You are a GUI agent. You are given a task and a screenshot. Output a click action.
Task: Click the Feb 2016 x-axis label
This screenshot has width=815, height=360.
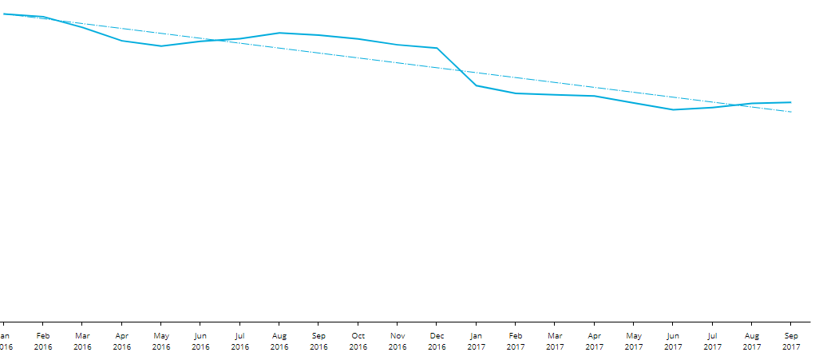(x=43, y=342)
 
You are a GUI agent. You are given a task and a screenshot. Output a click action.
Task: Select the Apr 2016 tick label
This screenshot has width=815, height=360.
(x=122, y=342)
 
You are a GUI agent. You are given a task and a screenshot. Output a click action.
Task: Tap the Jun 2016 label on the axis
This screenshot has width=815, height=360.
(x=200, y=342)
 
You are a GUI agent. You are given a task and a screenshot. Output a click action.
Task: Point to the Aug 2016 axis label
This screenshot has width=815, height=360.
(x=279, y=342)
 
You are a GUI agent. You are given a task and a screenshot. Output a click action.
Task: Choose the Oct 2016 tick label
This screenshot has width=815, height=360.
(x=358, y=342)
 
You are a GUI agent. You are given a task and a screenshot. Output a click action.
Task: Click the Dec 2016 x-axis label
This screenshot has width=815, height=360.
(x=437, y=342)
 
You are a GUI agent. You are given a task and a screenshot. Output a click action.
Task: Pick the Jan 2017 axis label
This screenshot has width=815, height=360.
(x=477, y=342)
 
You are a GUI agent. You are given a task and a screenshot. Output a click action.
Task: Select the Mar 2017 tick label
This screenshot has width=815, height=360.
(x=555, y=342)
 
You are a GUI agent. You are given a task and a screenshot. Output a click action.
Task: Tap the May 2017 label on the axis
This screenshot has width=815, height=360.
(x=634, y=342)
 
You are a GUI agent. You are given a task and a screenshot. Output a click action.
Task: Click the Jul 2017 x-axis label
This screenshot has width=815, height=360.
(x=712, y=342)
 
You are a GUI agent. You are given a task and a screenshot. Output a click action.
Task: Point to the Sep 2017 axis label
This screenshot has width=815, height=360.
(x=791, y=342)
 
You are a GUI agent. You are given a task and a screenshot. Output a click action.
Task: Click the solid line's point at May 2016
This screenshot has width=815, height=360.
(x=161, y=46)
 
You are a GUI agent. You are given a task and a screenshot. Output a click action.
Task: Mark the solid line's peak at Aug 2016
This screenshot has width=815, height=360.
(x=279, y=33)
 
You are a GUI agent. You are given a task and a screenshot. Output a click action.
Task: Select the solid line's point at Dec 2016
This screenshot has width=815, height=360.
(x=437, y=48)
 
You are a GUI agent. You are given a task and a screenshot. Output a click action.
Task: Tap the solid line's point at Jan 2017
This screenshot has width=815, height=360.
(x=477, y=85)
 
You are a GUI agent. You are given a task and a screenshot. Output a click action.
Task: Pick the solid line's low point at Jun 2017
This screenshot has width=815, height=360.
(x=673, y=109)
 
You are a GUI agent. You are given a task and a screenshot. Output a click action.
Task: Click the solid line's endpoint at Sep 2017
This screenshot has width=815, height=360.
(x=791, y=102)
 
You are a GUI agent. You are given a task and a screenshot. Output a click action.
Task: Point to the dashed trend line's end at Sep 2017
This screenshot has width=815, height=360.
(x=791, y=112)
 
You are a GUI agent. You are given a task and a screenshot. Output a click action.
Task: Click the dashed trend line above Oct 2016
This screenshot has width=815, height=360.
(x=358, y=58)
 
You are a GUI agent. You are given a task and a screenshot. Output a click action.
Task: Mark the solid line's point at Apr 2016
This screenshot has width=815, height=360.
(x=122, y=41)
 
